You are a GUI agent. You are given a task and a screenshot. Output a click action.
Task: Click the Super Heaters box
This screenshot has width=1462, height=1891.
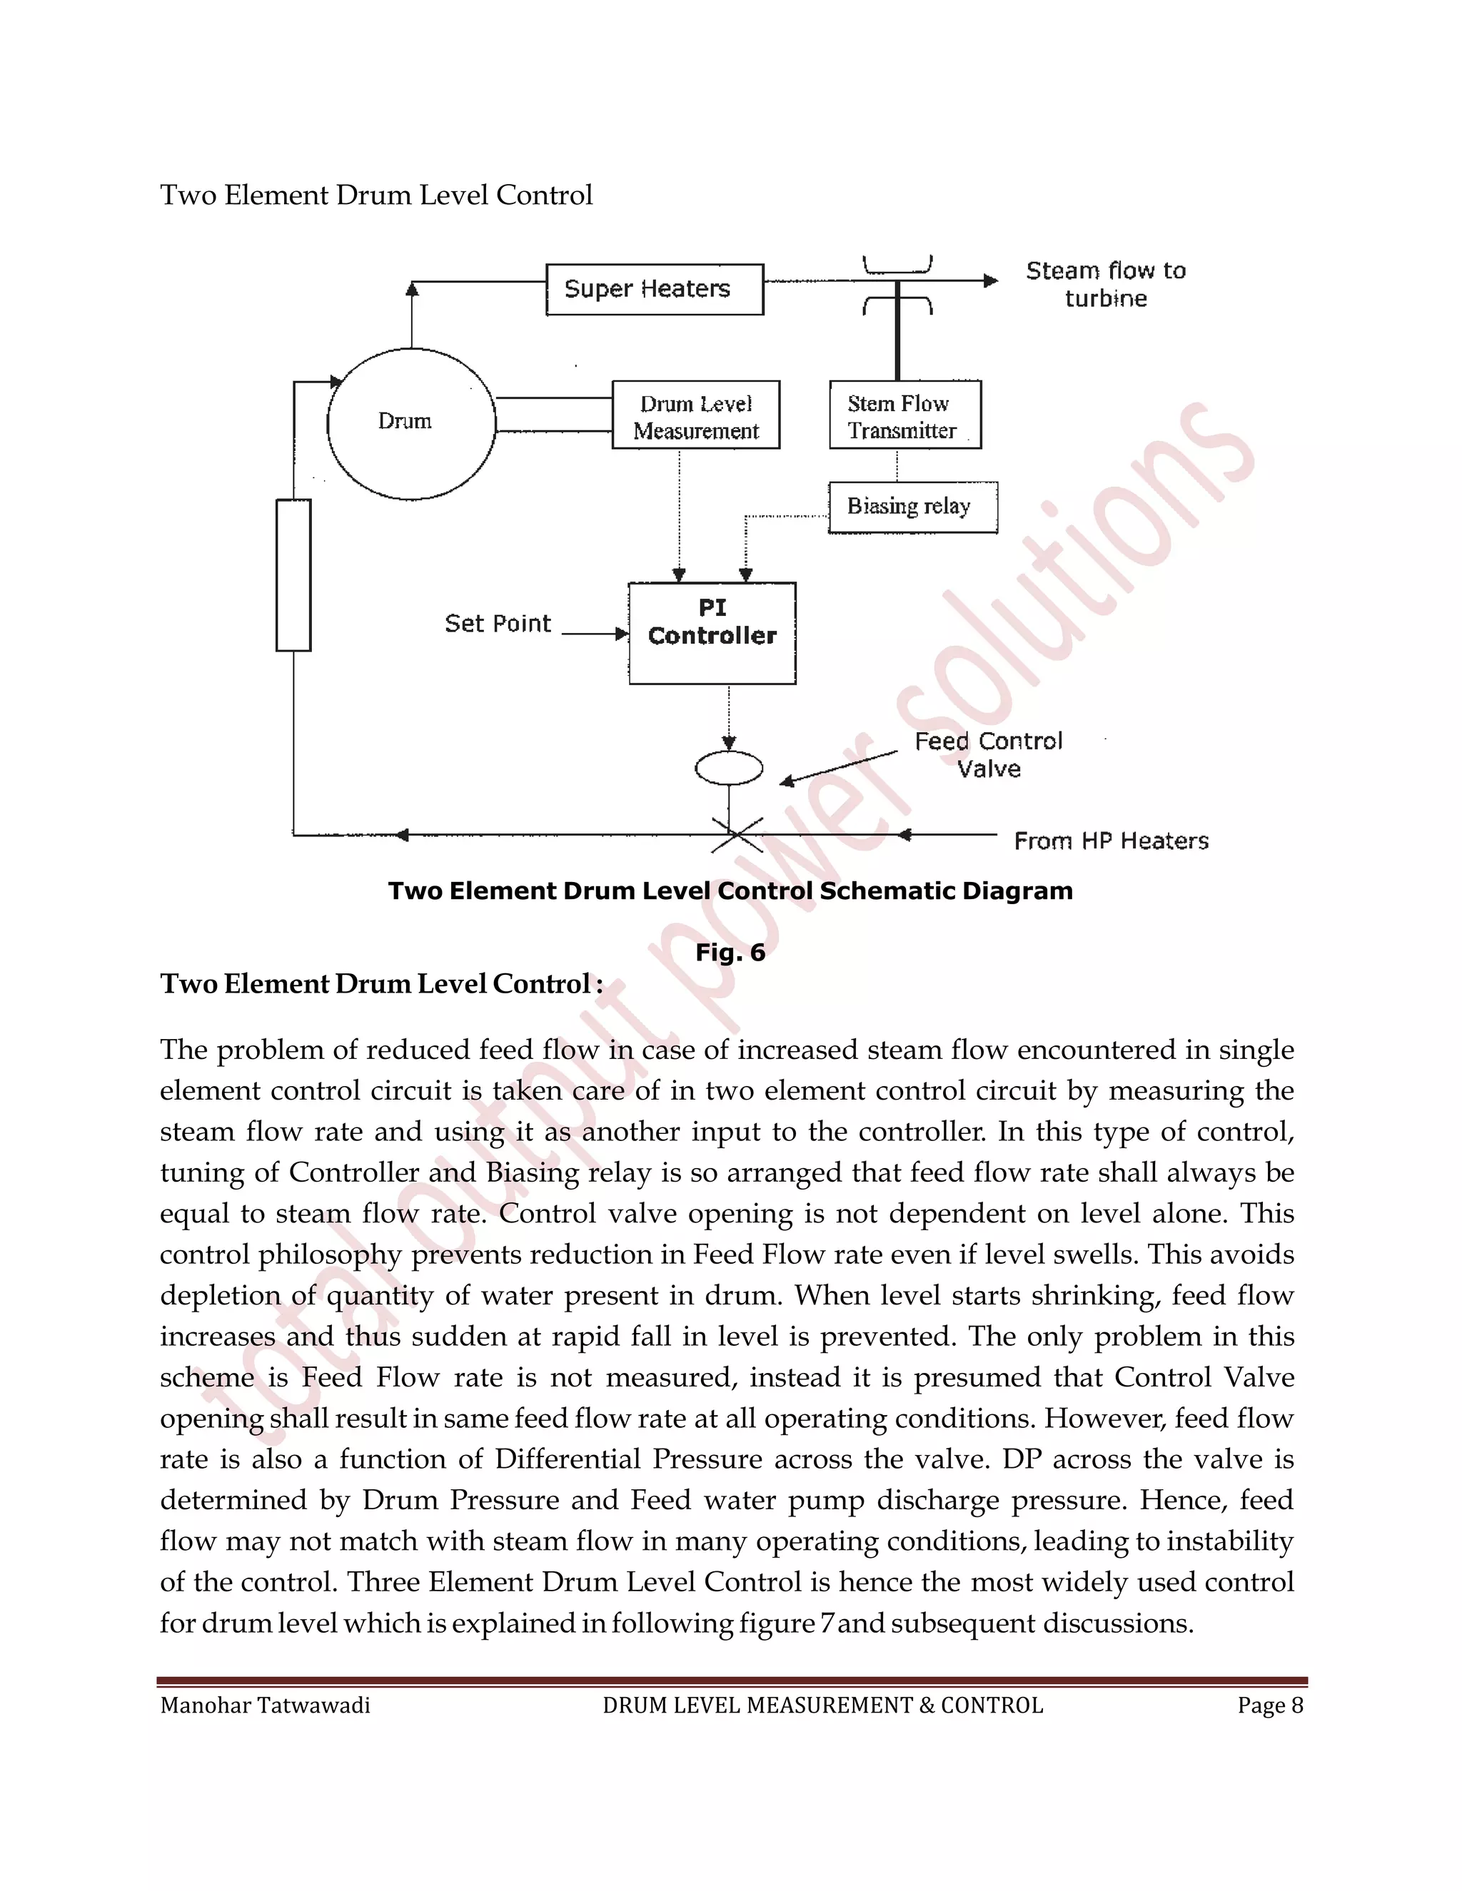coord(654,289)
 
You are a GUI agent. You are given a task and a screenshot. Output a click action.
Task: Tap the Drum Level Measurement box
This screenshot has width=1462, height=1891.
coord(695,415)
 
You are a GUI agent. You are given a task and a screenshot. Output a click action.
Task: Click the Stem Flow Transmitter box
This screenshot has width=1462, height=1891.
coord(904,415)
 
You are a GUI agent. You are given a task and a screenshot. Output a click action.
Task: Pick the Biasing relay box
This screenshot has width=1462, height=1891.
coord(912,507)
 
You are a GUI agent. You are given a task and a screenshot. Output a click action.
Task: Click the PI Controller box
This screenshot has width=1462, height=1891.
coord(712,633)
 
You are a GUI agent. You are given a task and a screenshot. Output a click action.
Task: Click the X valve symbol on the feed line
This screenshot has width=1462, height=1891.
coord(736,835)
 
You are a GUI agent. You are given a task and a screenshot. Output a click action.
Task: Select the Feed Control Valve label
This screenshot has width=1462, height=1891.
coord(988,754)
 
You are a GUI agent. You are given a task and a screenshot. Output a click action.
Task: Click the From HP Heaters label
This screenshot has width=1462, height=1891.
coord(1110,841)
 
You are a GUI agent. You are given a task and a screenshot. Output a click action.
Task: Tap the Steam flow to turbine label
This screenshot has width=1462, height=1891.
coord(1105,284)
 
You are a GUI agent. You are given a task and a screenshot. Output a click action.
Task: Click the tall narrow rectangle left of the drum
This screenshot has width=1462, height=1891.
coord(293,575)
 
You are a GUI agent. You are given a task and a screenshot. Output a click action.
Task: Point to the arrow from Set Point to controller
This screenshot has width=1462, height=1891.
coord(595,634)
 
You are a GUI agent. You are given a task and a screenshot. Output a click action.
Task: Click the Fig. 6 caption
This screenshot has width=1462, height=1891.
coord(730,953)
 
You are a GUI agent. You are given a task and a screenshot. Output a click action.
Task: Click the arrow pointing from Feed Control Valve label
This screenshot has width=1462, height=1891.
coord(837,768)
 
